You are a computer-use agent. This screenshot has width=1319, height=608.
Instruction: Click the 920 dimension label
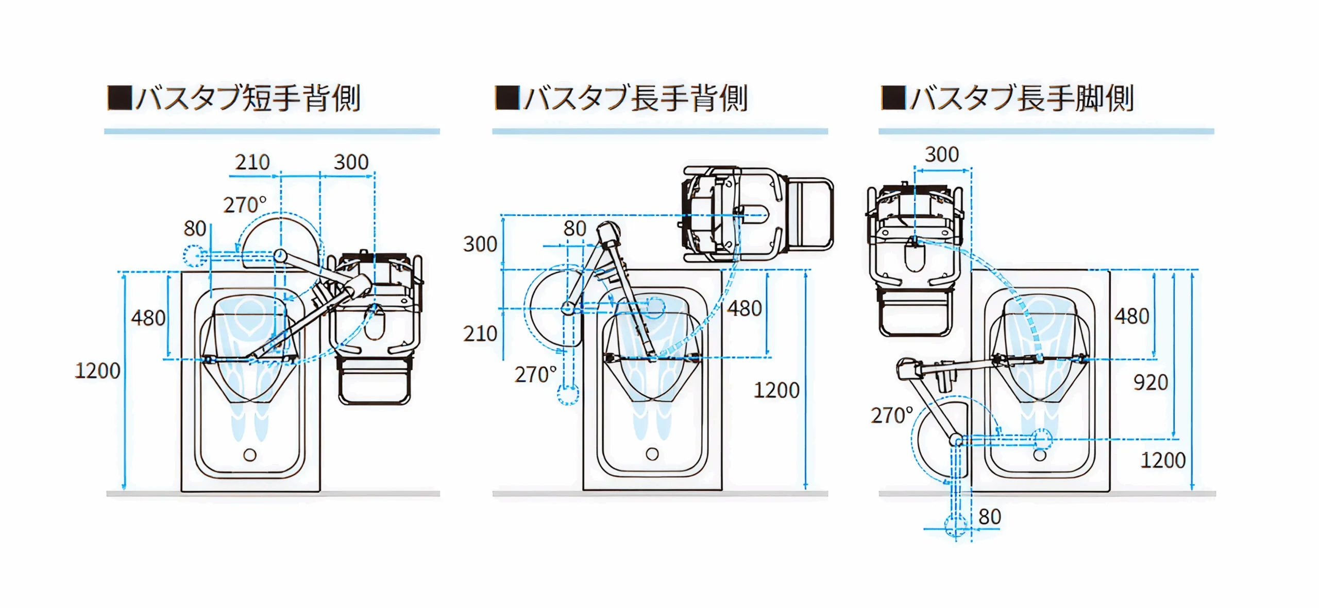click(x=1151, y=383)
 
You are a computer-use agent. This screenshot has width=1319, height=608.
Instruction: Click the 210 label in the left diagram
click(x=252, y=163)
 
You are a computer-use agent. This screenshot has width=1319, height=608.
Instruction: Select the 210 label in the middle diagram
click(x=480, y=334)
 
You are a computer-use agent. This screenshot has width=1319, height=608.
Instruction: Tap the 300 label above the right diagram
click(x=941, y=154)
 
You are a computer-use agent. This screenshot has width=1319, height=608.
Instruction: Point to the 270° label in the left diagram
click(x=245, y=205)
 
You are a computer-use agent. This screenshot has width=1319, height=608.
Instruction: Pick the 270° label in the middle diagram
click(x=535, y=375)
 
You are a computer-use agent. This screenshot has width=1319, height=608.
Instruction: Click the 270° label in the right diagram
click(x=891, y=415)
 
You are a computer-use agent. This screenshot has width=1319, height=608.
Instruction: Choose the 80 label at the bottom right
click(x=989, y=517)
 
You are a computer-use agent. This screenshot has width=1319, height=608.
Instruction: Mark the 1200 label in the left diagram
click(x=97, y=371)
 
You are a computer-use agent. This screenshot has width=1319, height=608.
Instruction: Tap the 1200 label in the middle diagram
click(x=776, y=390)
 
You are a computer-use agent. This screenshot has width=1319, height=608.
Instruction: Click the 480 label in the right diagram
click(x=1131, y=316)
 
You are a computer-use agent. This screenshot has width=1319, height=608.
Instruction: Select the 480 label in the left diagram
click(x=148, y=318)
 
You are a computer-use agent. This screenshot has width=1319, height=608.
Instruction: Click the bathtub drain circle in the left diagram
click(x=250, y=455)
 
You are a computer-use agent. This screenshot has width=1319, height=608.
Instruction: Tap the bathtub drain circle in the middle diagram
click(x=652, y=454)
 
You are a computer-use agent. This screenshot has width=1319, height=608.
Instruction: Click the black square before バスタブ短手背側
click(x=120, y=97)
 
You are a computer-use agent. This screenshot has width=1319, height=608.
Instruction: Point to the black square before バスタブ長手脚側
click(x=893, y=97)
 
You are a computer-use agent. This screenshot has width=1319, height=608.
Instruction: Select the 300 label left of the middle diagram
click(x=480, y=244)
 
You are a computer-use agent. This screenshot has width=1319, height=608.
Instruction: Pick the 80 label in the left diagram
click(x=195, y=229)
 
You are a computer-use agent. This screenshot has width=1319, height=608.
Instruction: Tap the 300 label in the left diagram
click(x=351, y=163)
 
